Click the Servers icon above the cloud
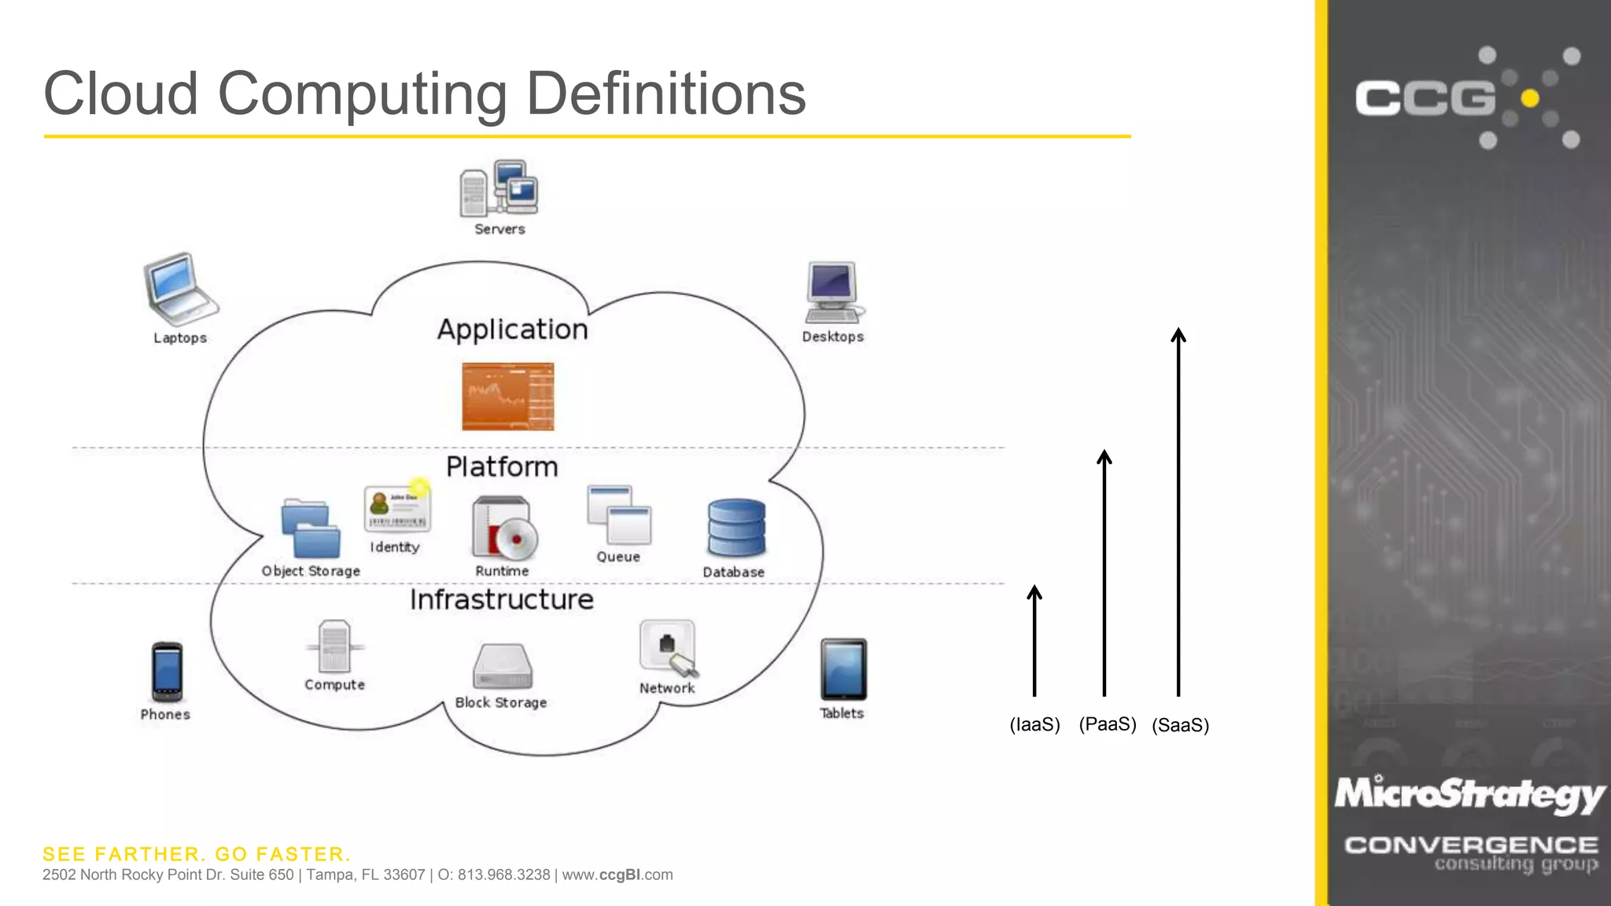click(499, 189)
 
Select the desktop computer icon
click(832, 292)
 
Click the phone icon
click(167, 671)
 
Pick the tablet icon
click(843, 669)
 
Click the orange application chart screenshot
click(508, 396)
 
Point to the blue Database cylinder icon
click(735, 528)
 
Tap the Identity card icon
click(396, 509)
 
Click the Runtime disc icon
click(503, 528)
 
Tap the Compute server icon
click(335, 646)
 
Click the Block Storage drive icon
click(502, 666)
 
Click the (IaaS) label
click(1034, 724)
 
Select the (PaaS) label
click(1108, 724)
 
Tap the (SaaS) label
click(1180, 724)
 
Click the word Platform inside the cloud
click(502, 466)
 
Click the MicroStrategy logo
click(1469, 794)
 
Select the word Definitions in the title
click(665, 94)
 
